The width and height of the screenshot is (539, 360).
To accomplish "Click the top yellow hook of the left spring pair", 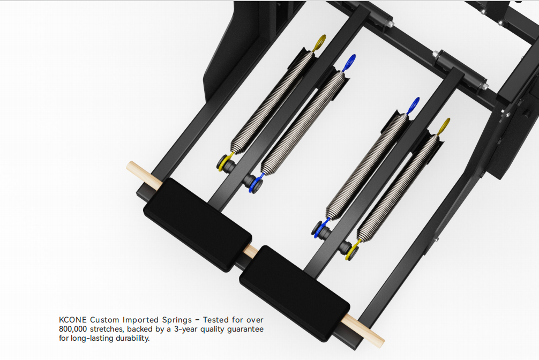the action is [x=320, y=42].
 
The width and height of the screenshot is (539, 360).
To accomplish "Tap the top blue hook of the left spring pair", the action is [x=349, y=62].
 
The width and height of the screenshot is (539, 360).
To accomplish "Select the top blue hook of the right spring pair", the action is [x=413, y=105].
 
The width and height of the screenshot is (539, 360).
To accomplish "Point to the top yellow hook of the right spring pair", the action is [x=444, y=126].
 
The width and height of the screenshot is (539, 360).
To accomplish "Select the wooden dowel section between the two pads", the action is [x=251, y=252].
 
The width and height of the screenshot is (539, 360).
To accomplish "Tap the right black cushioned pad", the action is [x=295, y=293].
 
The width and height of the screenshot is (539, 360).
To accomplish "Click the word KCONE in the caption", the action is [x=72, y=320].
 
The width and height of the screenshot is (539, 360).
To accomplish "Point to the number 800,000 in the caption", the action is [x=73, y=329].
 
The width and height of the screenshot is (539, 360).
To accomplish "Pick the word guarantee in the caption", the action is [x=245, y=329].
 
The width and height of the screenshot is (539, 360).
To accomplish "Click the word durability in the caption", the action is [x=132, y=338].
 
